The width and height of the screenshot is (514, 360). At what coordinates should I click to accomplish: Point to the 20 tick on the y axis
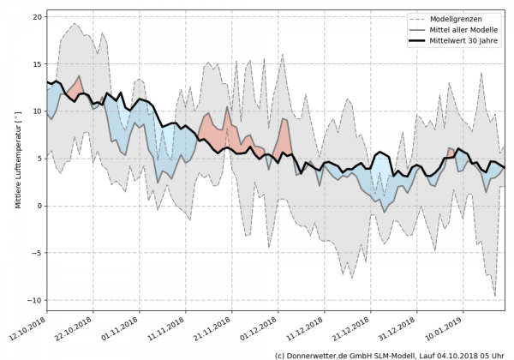click(37, 16)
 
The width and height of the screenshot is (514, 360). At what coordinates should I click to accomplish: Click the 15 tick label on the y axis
click(37, 63)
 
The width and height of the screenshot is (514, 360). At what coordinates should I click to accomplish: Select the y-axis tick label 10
click(37, 111)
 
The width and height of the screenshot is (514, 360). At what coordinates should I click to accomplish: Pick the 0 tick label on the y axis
click(39, 206)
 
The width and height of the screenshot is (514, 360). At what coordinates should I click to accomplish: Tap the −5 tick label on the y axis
click(37, 253)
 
